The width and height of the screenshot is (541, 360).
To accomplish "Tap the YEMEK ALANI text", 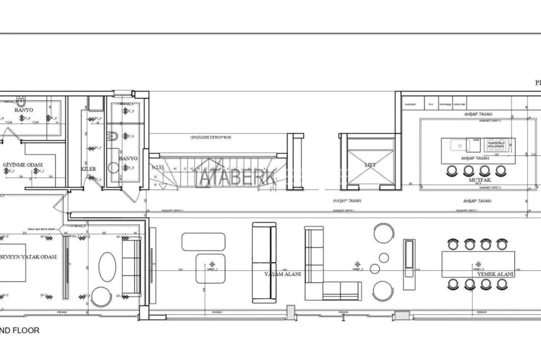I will click(x=495, y=274).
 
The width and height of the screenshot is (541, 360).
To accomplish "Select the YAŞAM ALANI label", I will click(x=282, y=275).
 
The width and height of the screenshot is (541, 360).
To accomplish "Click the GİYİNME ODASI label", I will click(x=23, y=165).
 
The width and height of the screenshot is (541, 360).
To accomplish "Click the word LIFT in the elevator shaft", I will click(x=370, y=164).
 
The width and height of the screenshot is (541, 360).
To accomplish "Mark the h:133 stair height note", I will click(x=157, y=167).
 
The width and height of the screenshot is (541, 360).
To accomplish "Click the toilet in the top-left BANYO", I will click(x=22, y=100).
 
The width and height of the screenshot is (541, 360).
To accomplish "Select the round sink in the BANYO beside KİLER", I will click(x=113, y=168).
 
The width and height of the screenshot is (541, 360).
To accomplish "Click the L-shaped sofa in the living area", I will click(x=331, y=267).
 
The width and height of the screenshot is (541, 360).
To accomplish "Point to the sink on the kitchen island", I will click(x=458, y=145).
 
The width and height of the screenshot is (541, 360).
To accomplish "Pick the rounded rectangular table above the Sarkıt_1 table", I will click(x=203, y=242).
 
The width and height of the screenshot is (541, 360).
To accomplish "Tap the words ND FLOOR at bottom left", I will click(x=20, y=331).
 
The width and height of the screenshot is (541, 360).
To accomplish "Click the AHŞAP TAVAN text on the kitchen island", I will click(x=475, y=157).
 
